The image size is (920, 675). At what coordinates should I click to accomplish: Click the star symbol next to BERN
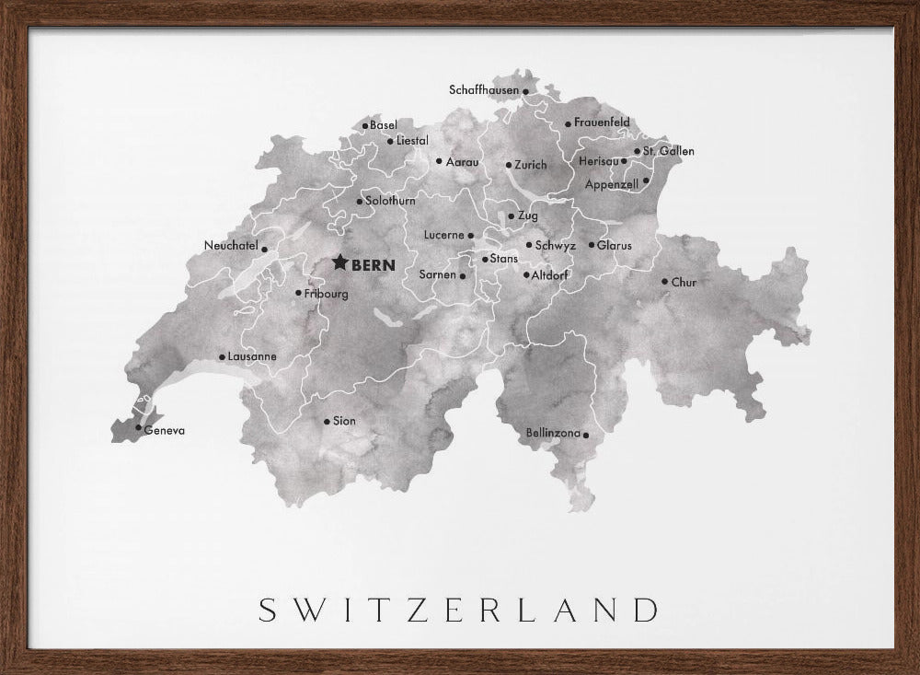click(339, 263)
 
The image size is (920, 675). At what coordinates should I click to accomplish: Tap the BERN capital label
click(374, 265)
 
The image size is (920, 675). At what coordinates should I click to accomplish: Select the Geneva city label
click(166, 430)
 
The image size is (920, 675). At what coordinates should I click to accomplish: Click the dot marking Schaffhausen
click(525, 91)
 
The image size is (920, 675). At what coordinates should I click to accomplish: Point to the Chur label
click(684, 283)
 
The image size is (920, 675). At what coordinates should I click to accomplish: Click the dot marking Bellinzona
click(586, 434)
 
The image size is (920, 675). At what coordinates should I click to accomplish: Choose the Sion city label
click(344, 421)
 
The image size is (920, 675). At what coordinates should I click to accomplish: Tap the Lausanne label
click(253, 356)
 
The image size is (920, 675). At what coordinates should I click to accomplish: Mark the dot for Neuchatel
click(265, 249)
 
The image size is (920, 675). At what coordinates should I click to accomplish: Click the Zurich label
click(531, 165)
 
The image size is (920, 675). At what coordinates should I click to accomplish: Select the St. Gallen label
click(669, 151)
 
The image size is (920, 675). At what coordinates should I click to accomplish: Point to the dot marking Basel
click(365, 126)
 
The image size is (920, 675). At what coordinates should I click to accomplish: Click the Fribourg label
click(328, 294)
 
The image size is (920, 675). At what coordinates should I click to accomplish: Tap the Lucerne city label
click(443, 235)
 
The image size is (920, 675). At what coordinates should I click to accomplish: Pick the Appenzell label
click(612, 184)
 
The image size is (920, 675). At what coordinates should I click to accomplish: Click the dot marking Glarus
click(592, 246)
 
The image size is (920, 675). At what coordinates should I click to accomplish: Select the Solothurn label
click(391, 200)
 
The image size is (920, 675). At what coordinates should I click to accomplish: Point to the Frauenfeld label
click(603, 122)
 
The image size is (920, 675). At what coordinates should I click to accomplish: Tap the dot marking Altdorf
click(526, 274)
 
